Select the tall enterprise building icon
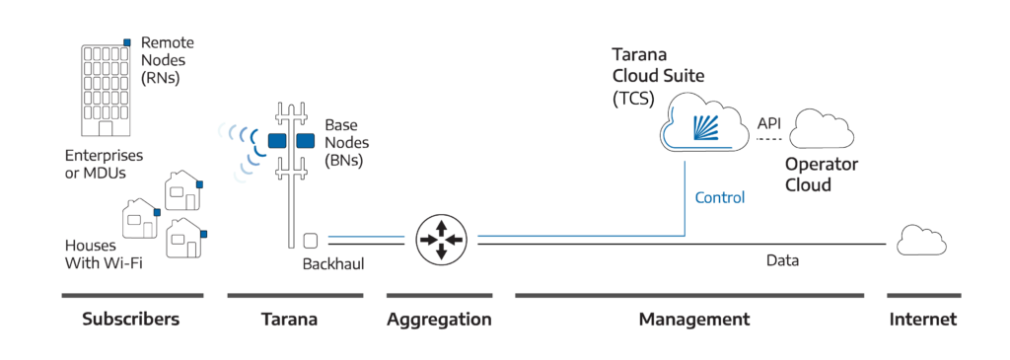tap(104, 89)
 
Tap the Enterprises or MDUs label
tap(104, 165)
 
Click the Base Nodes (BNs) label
tap(344, 142)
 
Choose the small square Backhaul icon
tap(310, 240)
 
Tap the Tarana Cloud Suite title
tap(658, 65)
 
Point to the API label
tap(768, 123)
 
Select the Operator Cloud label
tap(821, 175)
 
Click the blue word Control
tap(719, 198)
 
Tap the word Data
tap(781, 260)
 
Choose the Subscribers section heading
tap(131, 320)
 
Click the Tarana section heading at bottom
tap(289, 320)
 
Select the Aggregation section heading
tap(438, 320)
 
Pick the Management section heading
tap(693, 320)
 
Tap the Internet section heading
tap(922, 320)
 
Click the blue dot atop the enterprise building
tap(126, 42)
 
